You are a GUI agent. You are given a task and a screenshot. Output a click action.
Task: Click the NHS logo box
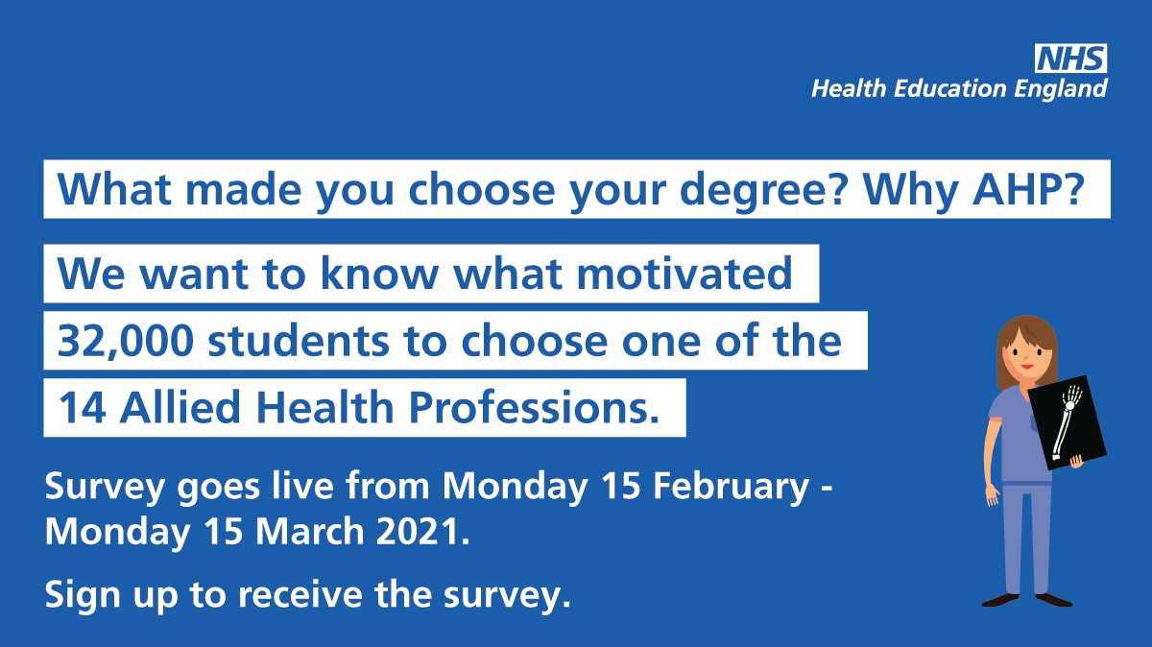click(x=1070, y=59)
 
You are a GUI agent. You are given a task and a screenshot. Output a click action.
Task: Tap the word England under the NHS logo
click(x=1061, y=89)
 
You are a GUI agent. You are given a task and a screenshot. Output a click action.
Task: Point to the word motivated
click(x=684, y=273)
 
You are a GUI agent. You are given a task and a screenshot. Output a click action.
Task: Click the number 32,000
click(x=126, y=342)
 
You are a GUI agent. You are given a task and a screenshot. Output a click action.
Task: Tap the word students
click(x=299, y=341)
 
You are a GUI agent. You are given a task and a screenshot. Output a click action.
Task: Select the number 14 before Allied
click(x=83, y=407)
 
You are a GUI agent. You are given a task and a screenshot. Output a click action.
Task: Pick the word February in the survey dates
click(x=731, y=487)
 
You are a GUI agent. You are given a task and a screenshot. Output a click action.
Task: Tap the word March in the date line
click(x=310, y=531)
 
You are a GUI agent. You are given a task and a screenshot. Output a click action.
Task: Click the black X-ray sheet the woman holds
click(x=1068, y=422)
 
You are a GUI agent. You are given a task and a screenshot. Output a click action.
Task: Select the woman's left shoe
click(x=1054, y=600)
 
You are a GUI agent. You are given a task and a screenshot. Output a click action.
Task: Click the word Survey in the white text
click(x=105, y=487)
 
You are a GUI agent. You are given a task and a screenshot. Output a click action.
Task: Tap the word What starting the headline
click(x=114, y=189)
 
